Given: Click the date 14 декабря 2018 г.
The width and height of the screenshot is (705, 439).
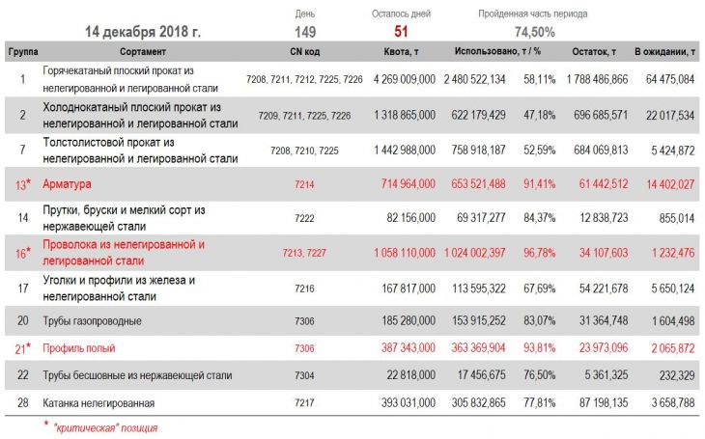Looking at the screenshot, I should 142,32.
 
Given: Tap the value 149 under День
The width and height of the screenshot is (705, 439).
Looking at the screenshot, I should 305,31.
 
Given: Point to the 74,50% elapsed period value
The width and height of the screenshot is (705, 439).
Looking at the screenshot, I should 533,31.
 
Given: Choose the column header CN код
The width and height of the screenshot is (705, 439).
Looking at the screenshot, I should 304,50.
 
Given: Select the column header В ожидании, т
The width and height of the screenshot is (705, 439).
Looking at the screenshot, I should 665,50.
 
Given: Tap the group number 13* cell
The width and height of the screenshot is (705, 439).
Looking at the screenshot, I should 21,182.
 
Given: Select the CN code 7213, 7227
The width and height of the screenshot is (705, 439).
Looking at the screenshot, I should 304,253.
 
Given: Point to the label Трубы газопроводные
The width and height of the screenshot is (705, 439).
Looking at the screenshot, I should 93,320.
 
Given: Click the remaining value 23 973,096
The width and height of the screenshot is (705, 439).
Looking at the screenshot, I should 597,347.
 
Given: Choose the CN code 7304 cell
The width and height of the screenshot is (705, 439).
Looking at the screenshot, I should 304,375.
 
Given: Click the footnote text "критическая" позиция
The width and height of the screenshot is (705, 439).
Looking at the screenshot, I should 105,427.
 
